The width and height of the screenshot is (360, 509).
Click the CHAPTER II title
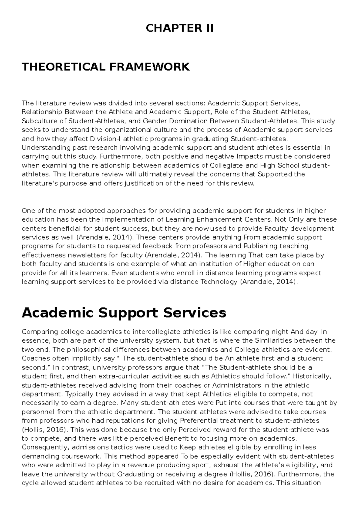coord(180,28)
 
